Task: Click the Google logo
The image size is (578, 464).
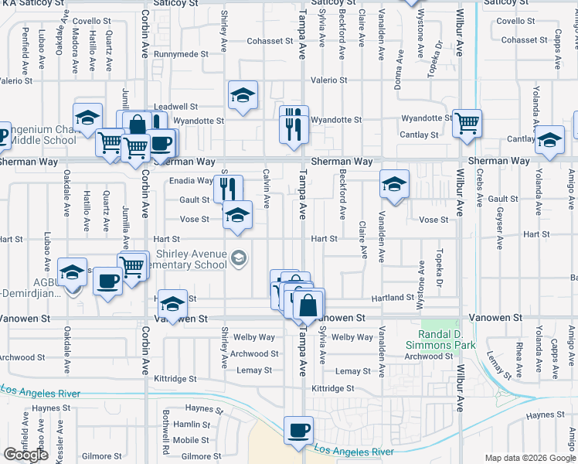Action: click(x=25, y=455)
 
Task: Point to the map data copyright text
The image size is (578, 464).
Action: click(x=529, y=458)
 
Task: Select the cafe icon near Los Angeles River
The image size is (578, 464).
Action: click(x=297, y=432)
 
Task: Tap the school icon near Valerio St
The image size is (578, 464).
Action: click(x=243, y=95)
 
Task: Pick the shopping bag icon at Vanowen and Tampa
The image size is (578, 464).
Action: click(x=308, y=304)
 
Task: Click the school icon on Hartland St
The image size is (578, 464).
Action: click(x=174, y=302)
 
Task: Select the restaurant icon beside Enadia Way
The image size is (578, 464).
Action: click(x=228, y=187)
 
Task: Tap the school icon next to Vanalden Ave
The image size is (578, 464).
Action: click(x=394, y=185)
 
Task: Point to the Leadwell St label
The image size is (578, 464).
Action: click(x=176, y=107)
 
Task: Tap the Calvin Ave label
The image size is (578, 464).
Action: click(x=267, y=189)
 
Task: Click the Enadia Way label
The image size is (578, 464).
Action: click(x=191, y=181)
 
